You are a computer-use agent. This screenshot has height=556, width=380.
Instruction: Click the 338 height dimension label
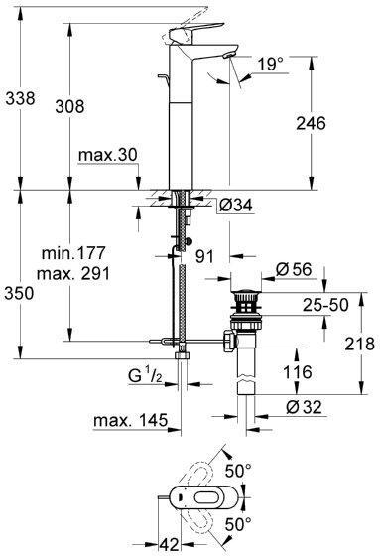(x=21, y=98)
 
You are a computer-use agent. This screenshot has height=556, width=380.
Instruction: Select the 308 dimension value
(x=69, y=106)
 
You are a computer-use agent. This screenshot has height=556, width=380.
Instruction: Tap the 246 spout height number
(x=311, y=123)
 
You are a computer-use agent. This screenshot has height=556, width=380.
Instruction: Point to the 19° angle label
(x=271, y=65)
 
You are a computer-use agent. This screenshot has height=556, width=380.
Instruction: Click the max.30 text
(x=108, y=155)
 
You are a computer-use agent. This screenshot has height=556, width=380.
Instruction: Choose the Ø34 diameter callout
(x=236, y=205)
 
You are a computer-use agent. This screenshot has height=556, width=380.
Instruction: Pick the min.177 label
(x=73, y=253)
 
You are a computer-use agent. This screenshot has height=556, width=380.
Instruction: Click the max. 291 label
(x=73, y=273)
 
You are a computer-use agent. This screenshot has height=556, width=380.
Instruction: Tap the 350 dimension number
(x=19, y=293)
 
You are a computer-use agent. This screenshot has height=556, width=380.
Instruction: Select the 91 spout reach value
(x=205, y=256)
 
